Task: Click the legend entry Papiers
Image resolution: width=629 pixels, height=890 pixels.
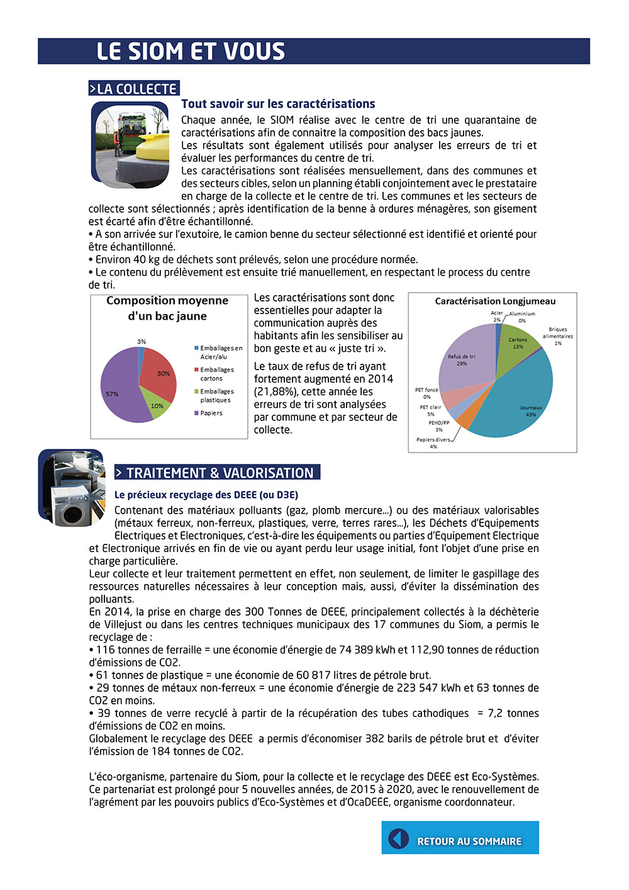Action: click(211, 414)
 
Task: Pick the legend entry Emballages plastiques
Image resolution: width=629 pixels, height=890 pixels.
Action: click(216, 395)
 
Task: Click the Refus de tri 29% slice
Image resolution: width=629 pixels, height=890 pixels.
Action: click(462, 359)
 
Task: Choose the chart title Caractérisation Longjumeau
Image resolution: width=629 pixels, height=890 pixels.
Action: click(495, 301)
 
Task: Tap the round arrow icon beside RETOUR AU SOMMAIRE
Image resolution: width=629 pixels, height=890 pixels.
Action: click(399, 838)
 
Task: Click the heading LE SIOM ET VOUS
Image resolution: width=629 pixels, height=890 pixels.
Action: click(191, 52)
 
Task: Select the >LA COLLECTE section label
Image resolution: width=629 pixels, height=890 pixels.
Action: click(133, 89)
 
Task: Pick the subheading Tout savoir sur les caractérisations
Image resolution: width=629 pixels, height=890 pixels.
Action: click(278, 104)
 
